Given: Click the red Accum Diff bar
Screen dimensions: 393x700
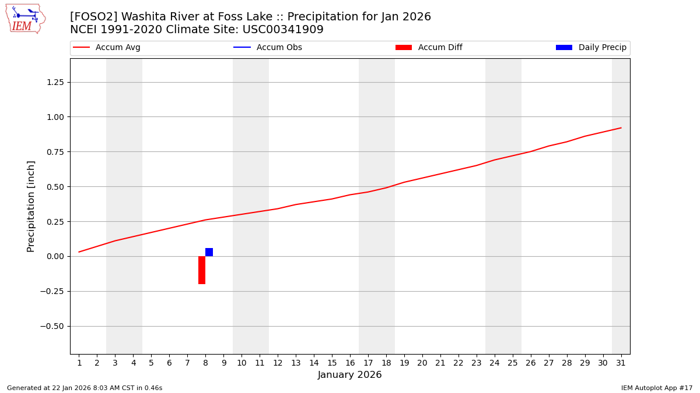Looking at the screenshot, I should (x=202, y=270).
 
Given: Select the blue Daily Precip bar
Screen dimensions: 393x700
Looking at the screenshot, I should (x=209, y=252).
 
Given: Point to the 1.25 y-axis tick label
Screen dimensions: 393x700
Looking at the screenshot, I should (x=52, y=82).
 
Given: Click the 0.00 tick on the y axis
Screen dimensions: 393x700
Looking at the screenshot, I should (x=52, y=256).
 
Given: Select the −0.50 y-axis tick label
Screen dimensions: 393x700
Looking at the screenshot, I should (x=50, y=326).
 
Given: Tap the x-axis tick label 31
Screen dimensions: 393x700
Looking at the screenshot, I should (x=621, y=363).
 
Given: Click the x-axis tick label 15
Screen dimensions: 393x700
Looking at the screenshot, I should (x=332, y=363).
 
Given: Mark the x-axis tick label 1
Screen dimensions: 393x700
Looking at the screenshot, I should (x=79, y=363).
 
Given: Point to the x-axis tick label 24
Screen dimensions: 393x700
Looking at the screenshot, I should (x=494, y=363).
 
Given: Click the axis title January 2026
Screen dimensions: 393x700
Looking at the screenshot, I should (x=349, y=376).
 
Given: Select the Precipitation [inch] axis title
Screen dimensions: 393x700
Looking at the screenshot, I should (x=32, y=206).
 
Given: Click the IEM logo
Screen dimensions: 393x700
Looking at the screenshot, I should (x=25, y=19).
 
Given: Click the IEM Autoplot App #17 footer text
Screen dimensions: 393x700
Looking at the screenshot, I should (x=657, y=388).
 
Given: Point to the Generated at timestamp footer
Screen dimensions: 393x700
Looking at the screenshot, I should (x=85, y=388).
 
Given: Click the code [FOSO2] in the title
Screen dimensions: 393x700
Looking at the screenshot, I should (x=93, y=17).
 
